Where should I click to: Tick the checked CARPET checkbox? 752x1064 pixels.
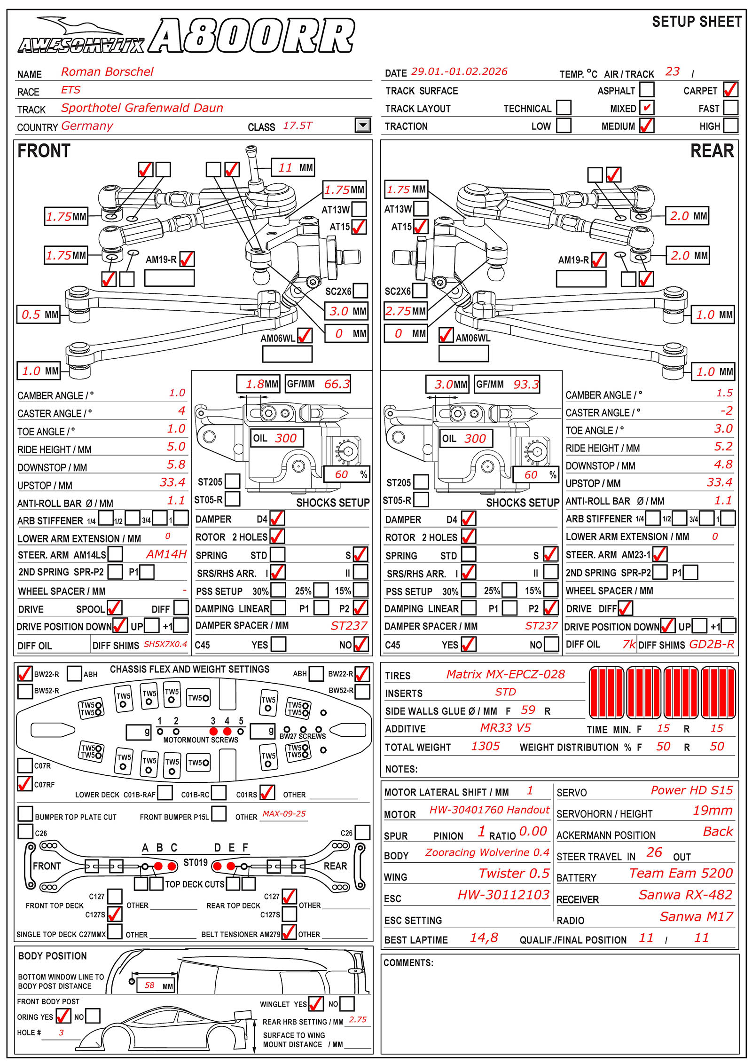click(x=730, y=89)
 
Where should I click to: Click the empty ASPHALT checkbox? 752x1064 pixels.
click(x=647, y=89)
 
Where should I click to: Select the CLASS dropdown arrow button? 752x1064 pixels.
click(x=362, y=126)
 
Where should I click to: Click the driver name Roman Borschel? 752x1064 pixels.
click(x=107, y=72)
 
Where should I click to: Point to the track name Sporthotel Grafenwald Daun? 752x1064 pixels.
click(x=142, y=108)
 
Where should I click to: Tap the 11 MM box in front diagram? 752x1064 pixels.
click(x=293, y=167)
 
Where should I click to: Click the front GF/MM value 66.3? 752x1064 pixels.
click(x=337, y=384)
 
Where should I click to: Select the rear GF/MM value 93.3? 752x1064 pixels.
click(x=525, y=385)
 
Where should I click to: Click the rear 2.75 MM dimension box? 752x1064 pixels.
click(x=405, y=311)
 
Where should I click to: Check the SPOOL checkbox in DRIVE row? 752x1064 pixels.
click(x=114, y=608)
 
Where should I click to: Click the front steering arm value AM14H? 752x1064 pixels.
click(x=166, y=554)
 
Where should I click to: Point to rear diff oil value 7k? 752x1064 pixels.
click(x=629, y=644)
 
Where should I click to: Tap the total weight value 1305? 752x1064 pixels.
click(x=486, y=746)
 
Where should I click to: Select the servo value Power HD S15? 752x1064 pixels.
click(x=691, y=790)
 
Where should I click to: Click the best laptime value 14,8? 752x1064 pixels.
click(x=484, y=938)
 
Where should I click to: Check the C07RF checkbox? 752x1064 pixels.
click(x=24, y=784)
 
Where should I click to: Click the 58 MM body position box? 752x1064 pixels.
click(x=155, y=985)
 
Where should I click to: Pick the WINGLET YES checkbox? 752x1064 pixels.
click(x=315, y=1004)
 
